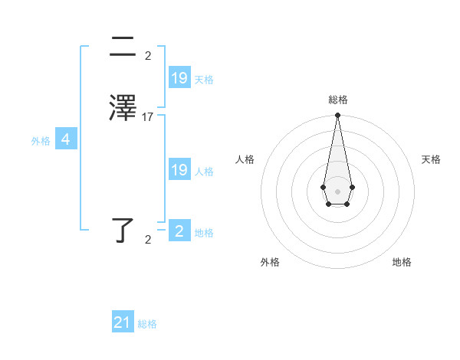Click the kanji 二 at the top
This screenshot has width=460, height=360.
coord(122,48)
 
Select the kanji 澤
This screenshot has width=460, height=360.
coord(123,107)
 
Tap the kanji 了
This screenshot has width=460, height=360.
coord(123,231)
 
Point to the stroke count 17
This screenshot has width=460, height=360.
coord(148,117)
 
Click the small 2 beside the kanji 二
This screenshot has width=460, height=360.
coord(148,56)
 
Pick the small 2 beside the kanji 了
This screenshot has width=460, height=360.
coord(148,240)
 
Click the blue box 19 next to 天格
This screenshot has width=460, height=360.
coord(179,77)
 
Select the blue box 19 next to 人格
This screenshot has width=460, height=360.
coord(179,169)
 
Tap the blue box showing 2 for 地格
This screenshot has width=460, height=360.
coord(179,231)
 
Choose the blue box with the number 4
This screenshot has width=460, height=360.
coord(66,139)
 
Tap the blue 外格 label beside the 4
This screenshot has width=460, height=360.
coord(41,141)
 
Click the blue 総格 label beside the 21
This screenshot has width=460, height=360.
coord(147,324)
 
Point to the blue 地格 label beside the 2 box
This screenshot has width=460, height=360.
coord(204,233)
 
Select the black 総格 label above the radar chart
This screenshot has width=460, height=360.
coord(337,100)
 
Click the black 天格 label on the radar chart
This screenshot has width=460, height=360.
coord(431,159)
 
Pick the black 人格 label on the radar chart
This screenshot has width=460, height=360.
coord(245,159)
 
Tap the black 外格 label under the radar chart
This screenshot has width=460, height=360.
coord(270,262)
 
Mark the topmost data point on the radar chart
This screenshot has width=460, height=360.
coord(337,116)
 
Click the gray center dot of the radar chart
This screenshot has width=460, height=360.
coord(337,190)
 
